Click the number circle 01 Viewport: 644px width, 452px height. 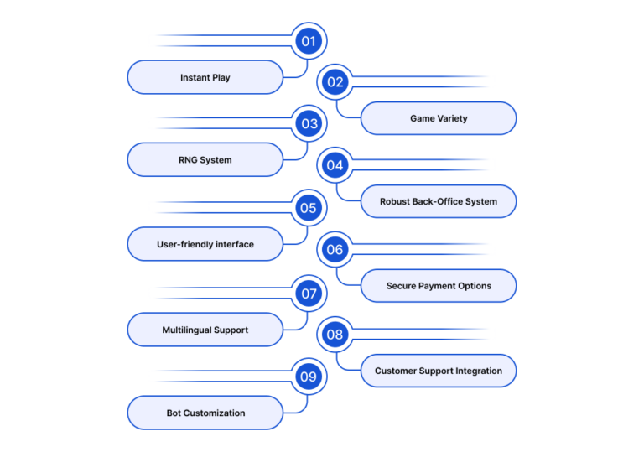coord(309,41)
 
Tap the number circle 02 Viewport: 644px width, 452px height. coord(335,82)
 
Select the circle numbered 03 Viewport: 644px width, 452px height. coord(309,123)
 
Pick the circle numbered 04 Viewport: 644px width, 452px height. coord(335,165)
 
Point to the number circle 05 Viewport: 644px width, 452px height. coord(309,208)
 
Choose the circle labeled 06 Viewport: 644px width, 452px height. coord(335,249)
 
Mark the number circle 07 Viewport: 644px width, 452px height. coord(309,294)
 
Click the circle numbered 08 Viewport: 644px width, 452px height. coord(335,335)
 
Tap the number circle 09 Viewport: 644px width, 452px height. coord(309,377)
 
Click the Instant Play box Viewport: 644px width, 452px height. coord(205,77)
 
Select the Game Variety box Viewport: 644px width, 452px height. coord(439,118)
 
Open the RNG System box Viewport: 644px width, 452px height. coord(205,160)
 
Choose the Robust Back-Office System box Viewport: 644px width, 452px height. coord(439,201)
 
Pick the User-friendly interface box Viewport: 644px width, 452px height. coord(205,244)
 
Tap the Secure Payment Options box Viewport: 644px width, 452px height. coord(439,286)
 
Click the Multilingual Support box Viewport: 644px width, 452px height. coord(205,330)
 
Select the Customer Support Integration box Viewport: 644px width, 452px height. coord(439,371)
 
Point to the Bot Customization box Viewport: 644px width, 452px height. coord(205,413)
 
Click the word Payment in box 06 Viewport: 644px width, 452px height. coord(436,286)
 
